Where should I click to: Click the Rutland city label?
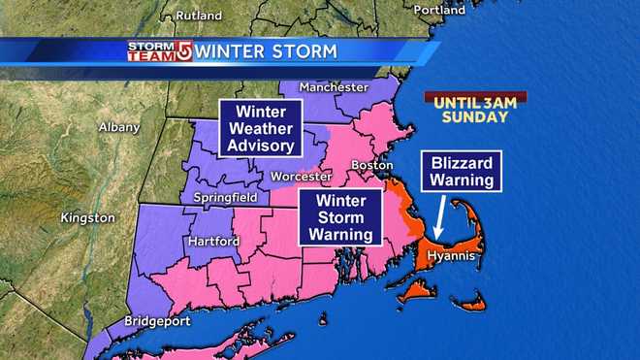click(x=198, y=16)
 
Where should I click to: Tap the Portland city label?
click(x=439, y=9)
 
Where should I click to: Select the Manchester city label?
click(x=333, y=86)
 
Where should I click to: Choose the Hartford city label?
click(x=214, y=241)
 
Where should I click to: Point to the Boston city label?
click(x=372, y=165)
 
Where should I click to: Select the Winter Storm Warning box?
click(x=336, y=215)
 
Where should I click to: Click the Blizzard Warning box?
click(x=461, y=171)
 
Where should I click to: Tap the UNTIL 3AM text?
click(x=474, y=100)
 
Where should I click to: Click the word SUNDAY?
click(x=474, y=116)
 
